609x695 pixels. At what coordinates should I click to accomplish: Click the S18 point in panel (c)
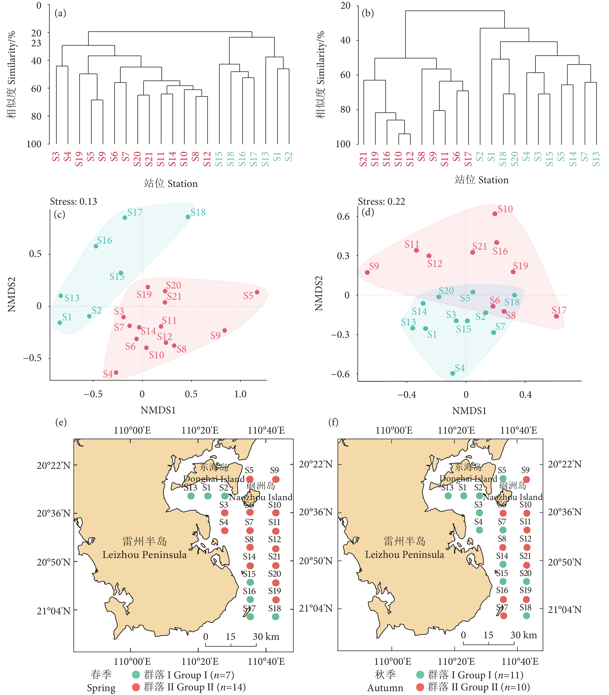(188, 217)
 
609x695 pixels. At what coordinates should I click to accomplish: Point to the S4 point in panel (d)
(453, 373)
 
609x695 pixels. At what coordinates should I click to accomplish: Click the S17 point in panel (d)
(556, 316)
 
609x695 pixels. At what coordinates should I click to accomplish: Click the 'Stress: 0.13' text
(73, 202)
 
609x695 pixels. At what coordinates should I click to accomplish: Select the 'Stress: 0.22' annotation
(381, 202)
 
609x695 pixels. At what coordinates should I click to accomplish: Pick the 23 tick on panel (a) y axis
(36, 43)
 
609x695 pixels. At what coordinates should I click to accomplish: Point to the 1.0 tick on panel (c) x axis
(240, 394)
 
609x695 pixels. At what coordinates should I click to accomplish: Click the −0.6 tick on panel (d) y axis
(340, 374)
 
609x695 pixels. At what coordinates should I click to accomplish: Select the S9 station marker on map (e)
(276, 479)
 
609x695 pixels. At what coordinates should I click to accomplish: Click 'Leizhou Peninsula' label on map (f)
(404, 555)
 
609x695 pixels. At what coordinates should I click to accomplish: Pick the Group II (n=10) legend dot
(420, 687)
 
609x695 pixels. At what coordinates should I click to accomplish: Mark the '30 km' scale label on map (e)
(266, 637)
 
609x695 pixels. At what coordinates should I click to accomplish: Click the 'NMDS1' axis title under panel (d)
(469, 411)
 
